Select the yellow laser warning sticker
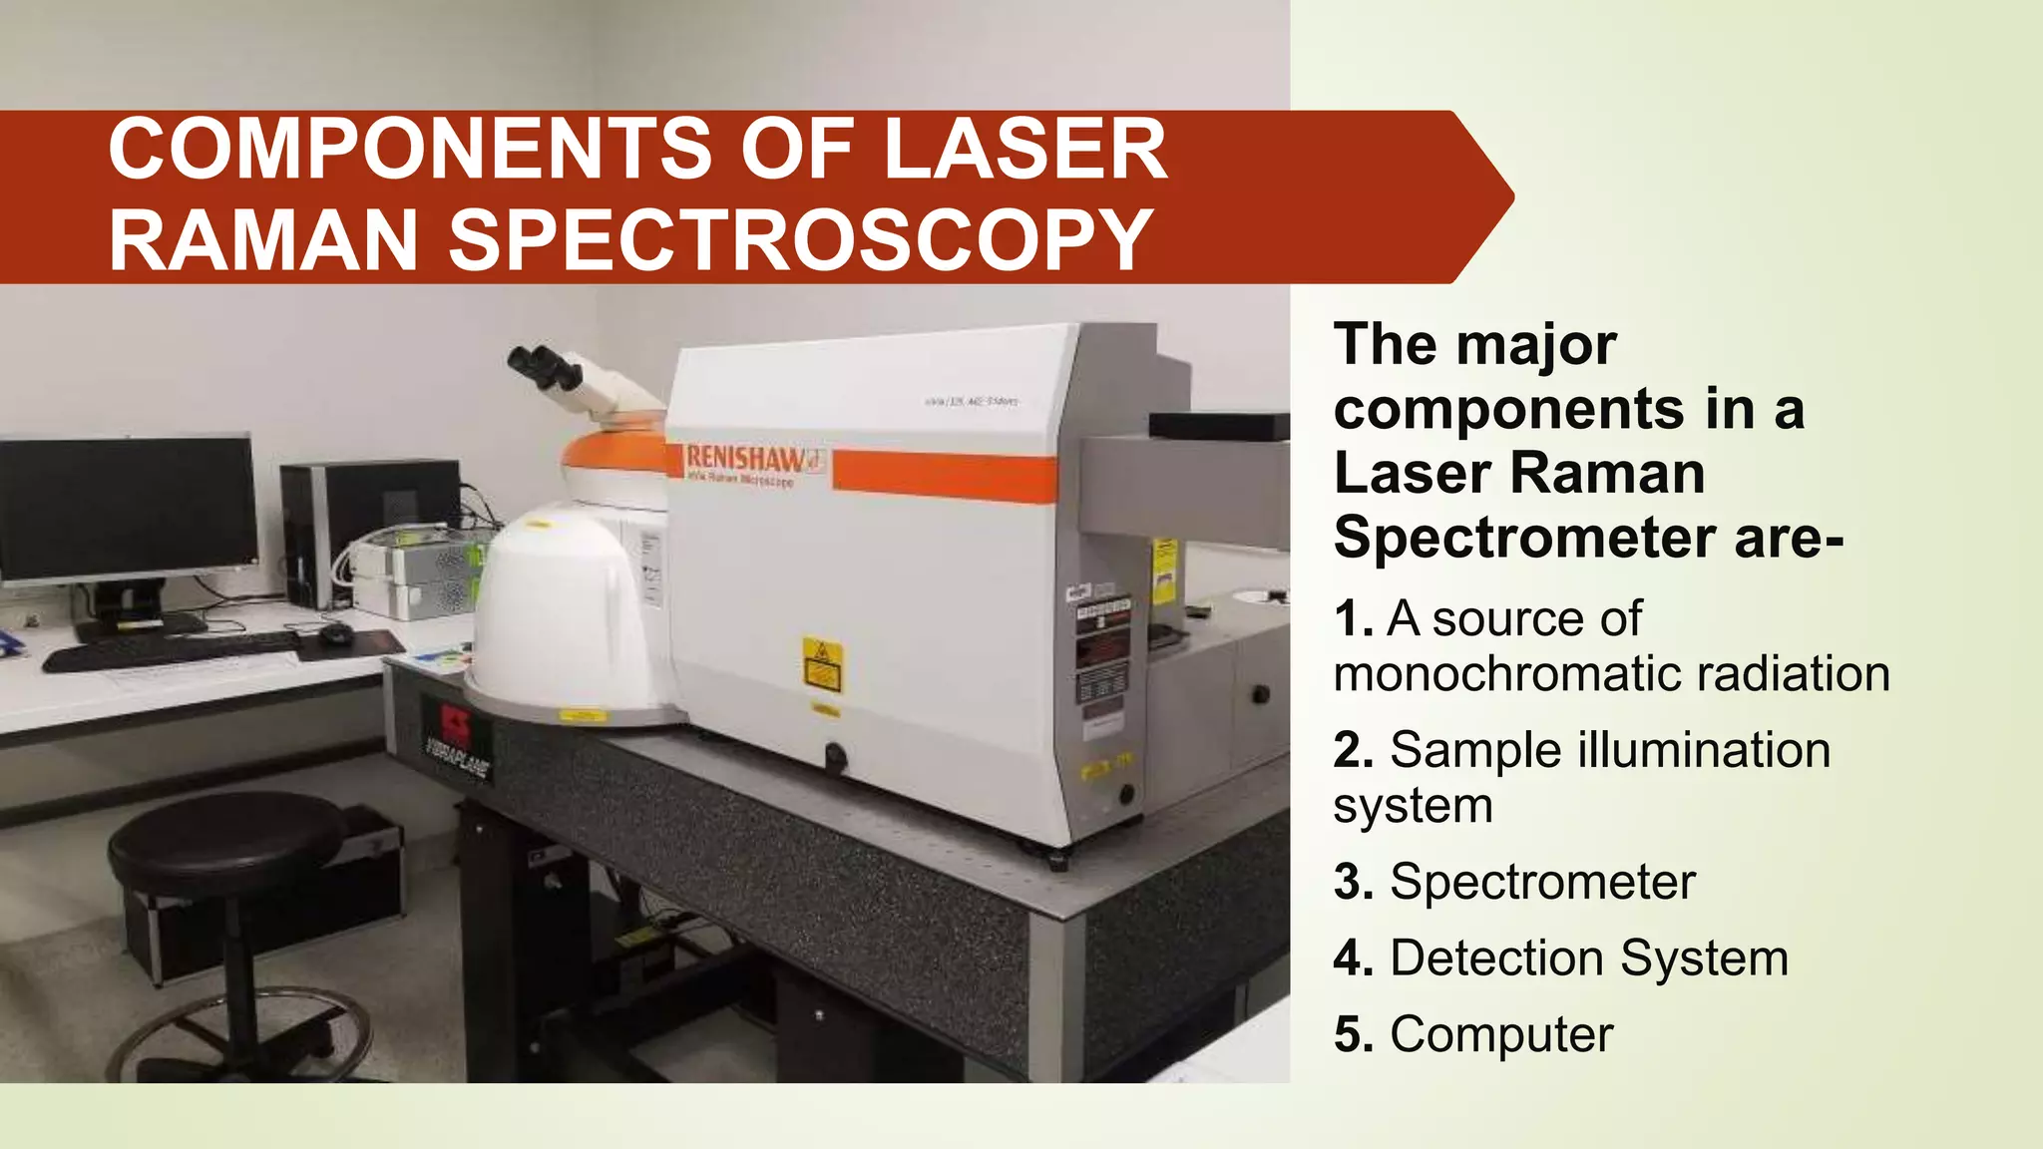tap(822, 664)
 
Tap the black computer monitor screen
tap(127, 508)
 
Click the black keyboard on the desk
tap(170, 649)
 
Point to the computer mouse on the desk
tap(335, 632)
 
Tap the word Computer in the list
tap(1500, 1034)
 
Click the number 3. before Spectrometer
tap(1354, 882)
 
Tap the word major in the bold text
tap(1536, 345)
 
